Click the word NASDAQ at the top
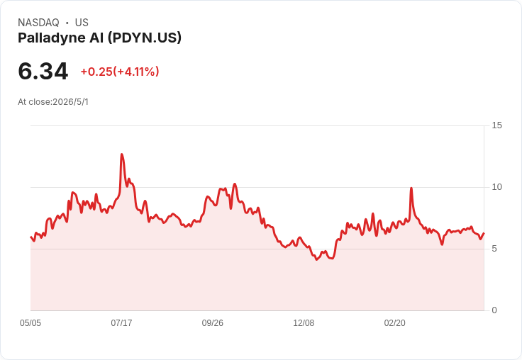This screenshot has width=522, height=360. [x=38, y=23]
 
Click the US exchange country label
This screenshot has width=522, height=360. [x=82, y=23]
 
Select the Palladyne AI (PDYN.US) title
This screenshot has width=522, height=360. [x=99, y=38]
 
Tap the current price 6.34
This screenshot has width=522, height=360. [x=43, y=71]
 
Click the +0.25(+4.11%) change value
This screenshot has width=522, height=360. [x=120, y=72]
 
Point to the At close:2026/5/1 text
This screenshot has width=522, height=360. [x=53, y=102]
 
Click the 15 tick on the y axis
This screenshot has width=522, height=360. [x=496, y=125]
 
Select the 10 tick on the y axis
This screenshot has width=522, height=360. [x=496, y=187]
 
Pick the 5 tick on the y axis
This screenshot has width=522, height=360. [x=494, y=249]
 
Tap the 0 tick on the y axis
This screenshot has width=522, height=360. [x=494, y=310]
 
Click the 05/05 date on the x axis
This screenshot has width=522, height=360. [x=30, y=322]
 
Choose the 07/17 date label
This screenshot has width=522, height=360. [x=121, y=322]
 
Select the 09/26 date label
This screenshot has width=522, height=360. [x=212, y=322]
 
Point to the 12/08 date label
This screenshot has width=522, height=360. [x=304, y=322]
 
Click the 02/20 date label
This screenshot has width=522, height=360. [x=395, y=322]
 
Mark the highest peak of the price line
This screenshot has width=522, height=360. [x=122, y=154]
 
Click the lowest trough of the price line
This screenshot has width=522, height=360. [x=316, y=259]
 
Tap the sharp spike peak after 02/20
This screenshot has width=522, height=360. [x=411, y=189]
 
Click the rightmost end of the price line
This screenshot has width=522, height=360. [x=484, y=233]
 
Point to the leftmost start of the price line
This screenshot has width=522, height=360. [x=30, y=237]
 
